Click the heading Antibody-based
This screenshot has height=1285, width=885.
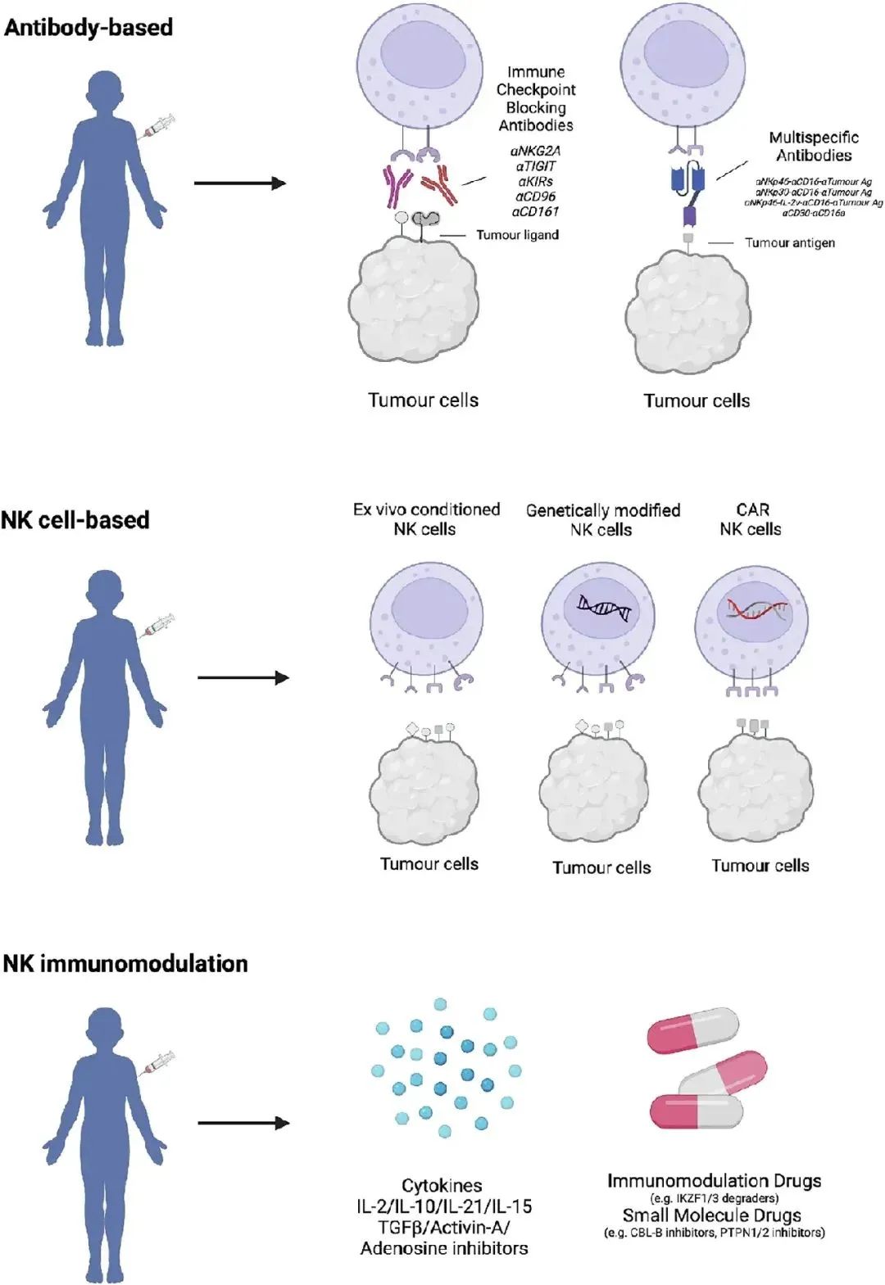tap(88, 27)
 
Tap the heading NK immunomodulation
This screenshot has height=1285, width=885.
tap(125, 963)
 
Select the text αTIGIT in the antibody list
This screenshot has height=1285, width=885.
tap(536, 166)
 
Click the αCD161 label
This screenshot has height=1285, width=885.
tap(536, 211)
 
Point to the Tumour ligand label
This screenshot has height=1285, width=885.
tap(517, 235)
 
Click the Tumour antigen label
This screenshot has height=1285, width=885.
tap(789, 242)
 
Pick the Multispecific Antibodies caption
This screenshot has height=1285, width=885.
tap(814, 146)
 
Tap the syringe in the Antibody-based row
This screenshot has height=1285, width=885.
tap(159, 126)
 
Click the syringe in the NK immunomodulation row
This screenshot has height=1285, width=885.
tap(159, 1062)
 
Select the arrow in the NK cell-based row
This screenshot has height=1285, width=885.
tap(243, 677)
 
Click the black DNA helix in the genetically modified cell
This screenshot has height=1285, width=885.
tap(604, 607)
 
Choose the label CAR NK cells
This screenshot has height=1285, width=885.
tap(751, 519)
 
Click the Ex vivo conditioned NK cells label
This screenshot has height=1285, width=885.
tap(426, 519)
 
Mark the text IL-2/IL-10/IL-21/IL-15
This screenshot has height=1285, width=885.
tap(443, 1206)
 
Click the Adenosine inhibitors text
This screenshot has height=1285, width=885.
tap(443, 1248)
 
